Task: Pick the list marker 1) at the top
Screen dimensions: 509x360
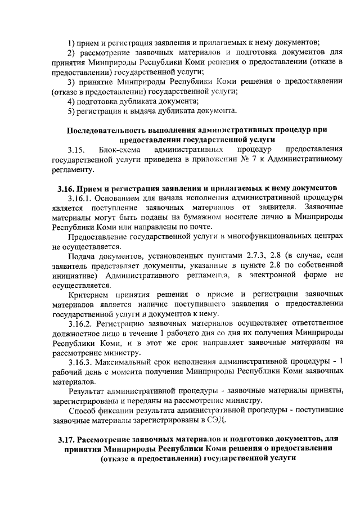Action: pos(71,42)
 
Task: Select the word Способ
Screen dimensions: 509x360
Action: pos(81,409)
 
